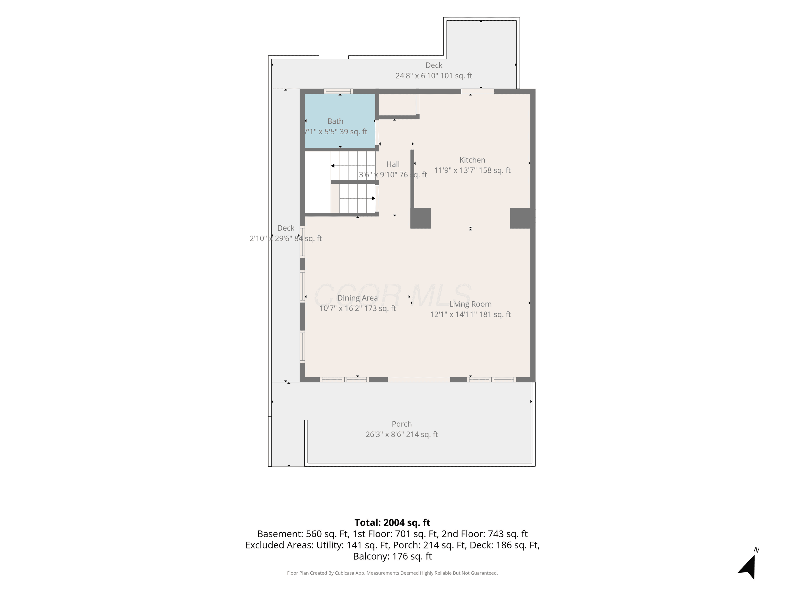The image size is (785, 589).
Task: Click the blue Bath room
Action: pyautogui.click(x=340, y=120)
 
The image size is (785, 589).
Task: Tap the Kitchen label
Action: pyautogui.click(x=472, y=160)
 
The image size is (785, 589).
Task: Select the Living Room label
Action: pyautogui.click(x=470, y=304)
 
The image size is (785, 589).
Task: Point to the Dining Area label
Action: pyautogui.click(x=357, y=298)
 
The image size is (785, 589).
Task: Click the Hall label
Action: pyautogui.click(x=393, y=164)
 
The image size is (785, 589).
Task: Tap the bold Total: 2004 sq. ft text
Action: pyautogui.click(x=392, y=523)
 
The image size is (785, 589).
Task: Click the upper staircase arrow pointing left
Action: pyautogui.click(x=353, y=166)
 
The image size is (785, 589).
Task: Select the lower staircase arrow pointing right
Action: pyautogui.click(x=357, y=198)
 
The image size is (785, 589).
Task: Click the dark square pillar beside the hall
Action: pyautogui.click(x=420, y=218)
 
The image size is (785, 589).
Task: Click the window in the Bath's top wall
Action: pyautogui.click(x=338, y=91)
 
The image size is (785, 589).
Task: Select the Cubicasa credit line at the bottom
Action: pyautogui.click(x=392, y=573)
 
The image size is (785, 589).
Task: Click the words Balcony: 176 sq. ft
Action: pyautogui.click(x=392, y=556)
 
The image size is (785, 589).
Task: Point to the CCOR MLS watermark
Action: pyautogui.click(x=392, y=295)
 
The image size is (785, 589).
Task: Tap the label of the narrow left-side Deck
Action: pyautogui.click(x=286, y=228)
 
